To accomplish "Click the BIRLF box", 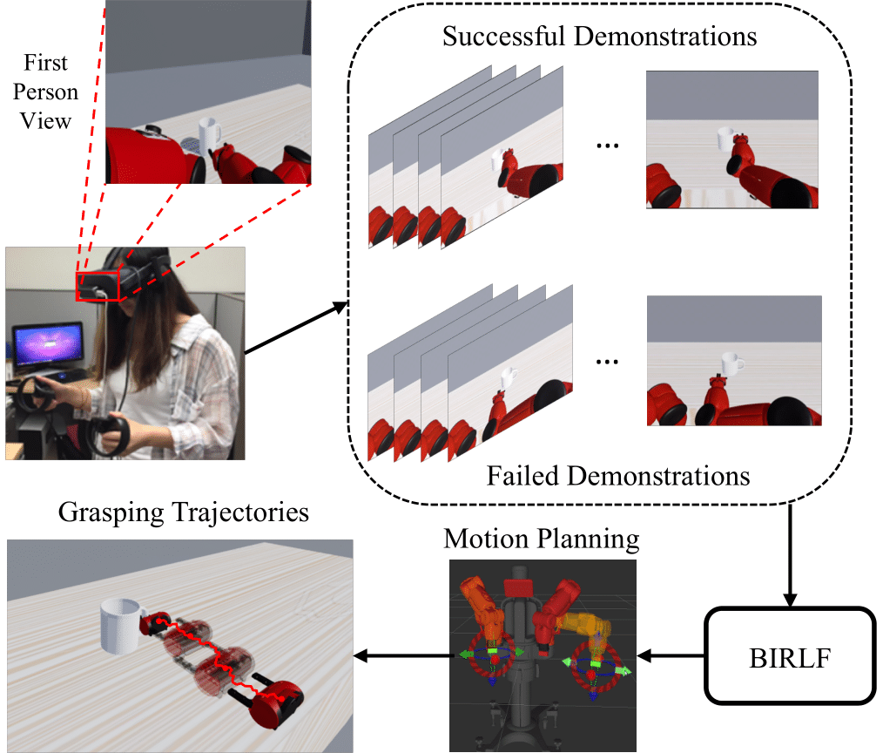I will tap(789, 655).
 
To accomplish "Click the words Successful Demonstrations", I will tap(599, 37).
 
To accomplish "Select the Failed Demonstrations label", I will tap(617, 476).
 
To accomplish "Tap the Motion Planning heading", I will tap(541, 539).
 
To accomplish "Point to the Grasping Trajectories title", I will tap(184, 512).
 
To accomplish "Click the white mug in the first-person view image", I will tap(211, 135).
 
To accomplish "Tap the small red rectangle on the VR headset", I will tap(97, 285).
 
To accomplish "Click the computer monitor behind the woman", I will tap(48, 344).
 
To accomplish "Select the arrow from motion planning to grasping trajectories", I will tap(401, 655).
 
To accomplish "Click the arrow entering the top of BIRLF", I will tap(789, 558).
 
